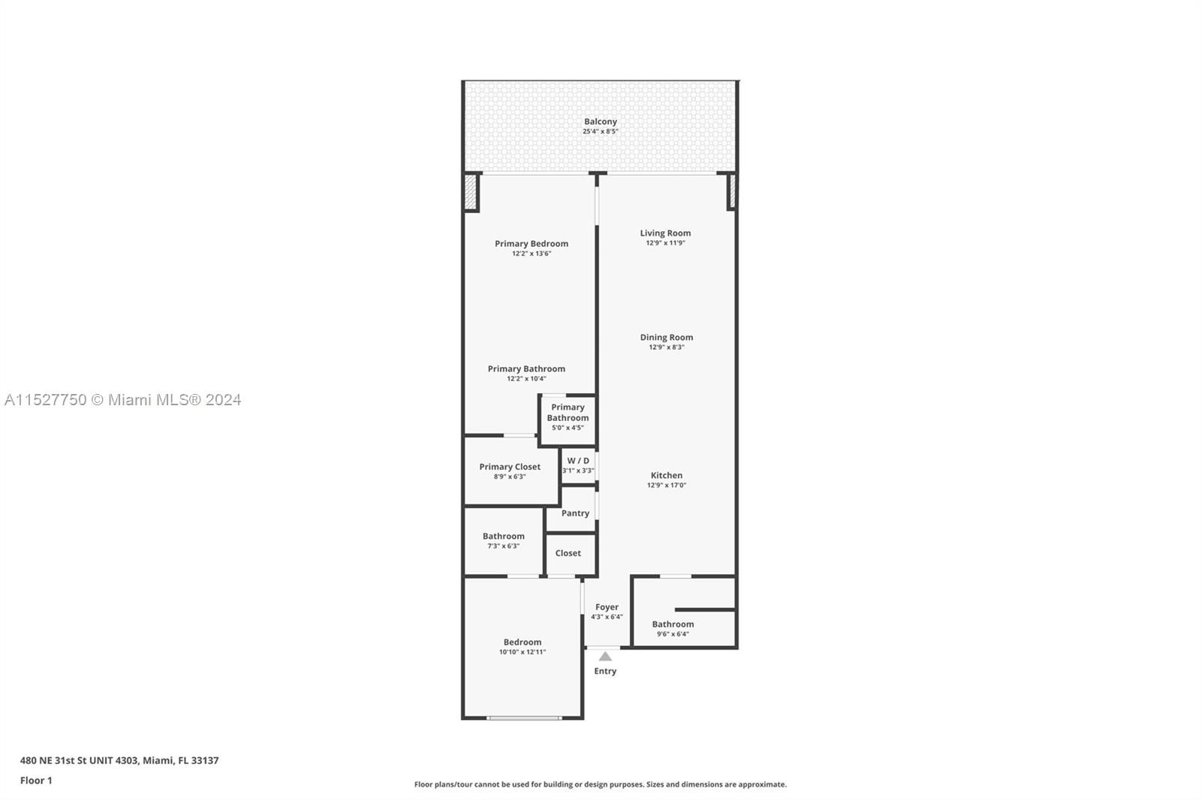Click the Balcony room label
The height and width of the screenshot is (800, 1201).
pos(600,122)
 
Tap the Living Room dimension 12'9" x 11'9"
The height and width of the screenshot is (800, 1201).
pos(665,243)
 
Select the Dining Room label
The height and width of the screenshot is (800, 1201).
pos(667,337)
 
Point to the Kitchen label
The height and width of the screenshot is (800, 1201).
pos(667,475)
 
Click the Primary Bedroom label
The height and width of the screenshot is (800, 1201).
pos(531,243)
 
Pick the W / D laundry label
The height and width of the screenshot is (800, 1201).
pos(578,461)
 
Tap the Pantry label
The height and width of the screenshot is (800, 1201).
pos(575,513)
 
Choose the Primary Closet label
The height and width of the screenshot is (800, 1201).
pos(510,467)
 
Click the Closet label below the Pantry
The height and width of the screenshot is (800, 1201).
pos(567,553)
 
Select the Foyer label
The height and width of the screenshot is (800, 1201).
pos(607,607)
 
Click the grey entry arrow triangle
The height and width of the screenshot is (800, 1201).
pos(605,657)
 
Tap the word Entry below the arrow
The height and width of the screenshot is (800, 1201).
pos(605,672)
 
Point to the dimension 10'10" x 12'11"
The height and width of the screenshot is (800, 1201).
pos(522,652)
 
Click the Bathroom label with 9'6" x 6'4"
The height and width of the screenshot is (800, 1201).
pos(673,624)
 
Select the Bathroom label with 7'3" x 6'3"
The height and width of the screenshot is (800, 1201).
pos(504,536)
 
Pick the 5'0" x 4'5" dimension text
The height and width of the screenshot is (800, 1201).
pos(567,428)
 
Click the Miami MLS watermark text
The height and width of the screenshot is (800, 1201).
pos(123,400)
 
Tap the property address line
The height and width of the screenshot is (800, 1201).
pos(119,760)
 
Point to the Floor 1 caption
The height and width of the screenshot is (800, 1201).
pos(37,780)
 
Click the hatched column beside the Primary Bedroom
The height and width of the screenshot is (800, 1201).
pos(470,192)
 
